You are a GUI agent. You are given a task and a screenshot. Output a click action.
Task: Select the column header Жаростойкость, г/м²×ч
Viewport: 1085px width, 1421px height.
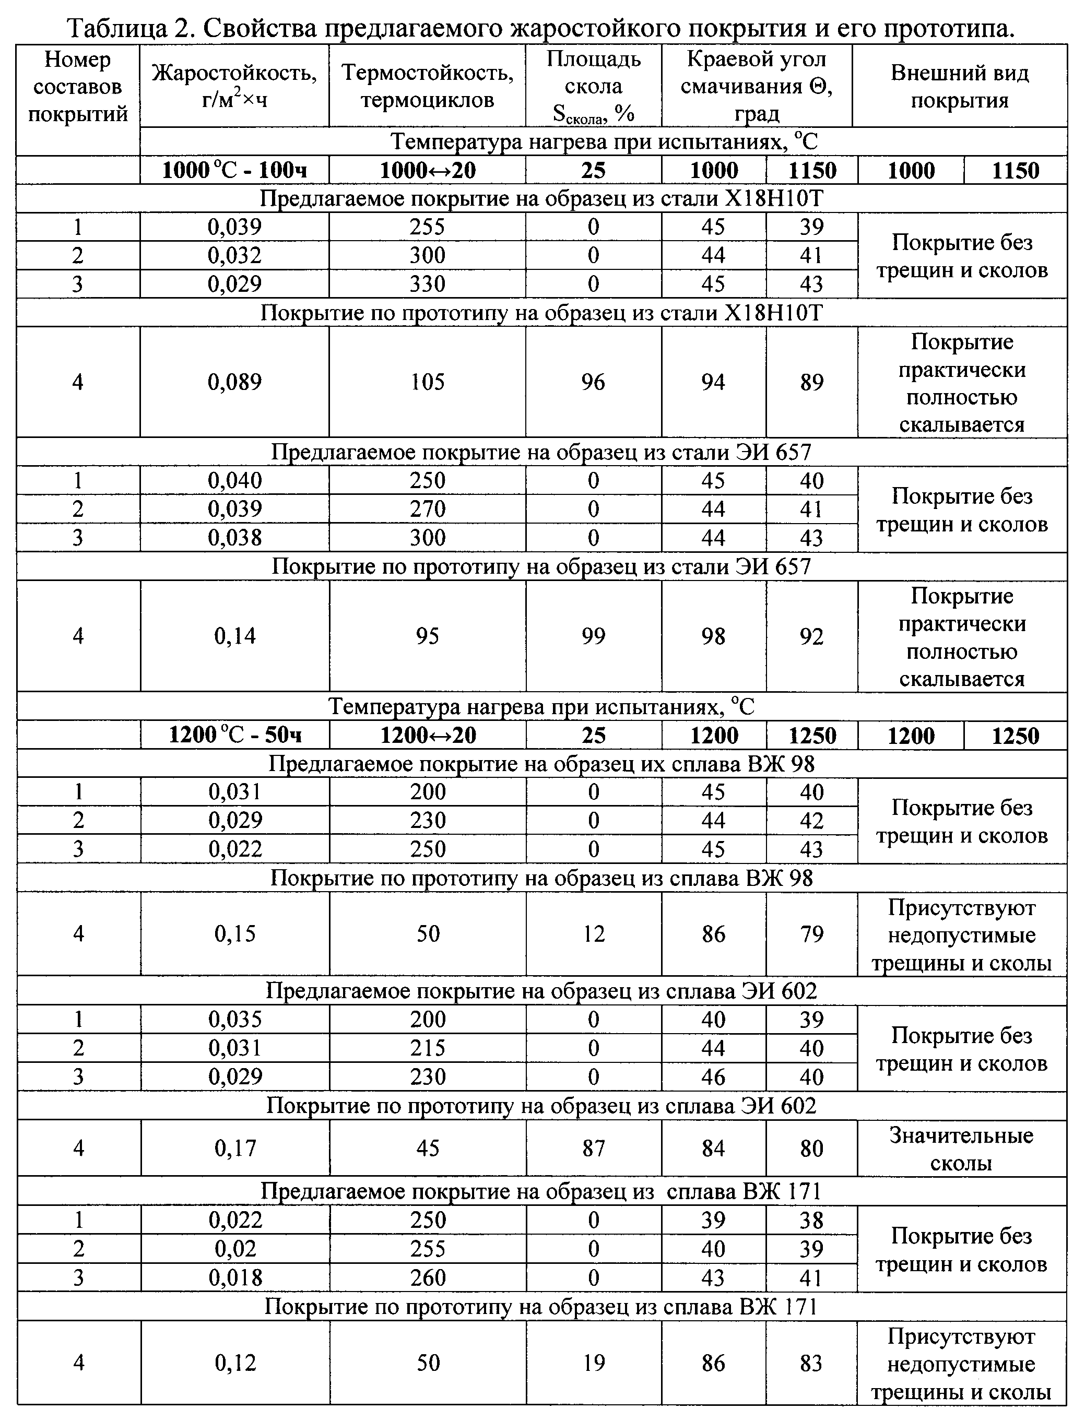tap(234, 85)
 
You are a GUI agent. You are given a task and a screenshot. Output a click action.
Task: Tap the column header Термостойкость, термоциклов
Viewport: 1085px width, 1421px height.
tap(428, 85)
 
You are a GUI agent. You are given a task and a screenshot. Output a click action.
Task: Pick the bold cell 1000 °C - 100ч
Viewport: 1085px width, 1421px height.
tap(234, 170)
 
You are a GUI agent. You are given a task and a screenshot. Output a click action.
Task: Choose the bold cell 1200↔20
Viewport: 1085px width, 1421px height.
tap(428, 736)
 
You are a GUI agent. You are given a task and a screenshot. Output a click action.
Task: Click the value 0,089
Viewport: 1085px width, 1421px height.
tap(234, 382)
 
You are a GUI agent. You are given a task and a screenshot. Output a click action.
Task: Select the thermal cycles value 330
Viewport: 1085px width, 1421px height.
tap(428, 284)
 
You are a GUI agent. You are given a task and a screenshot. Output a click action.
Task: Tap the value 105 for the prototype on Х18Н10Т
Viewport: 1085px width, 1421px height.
tap(428, 382)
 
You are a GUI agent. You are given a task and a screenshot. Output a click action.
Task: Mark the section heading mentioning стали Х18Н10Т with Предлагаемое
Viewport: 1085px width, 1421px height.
tap(541, 199)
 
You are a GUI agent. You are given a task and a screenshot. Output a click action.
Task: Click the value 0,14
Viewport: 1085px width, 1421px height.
tap(234, 636)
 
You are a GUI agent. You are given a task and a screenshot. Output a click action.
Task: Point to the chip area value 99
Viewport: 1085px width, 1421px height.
tap(594, 636)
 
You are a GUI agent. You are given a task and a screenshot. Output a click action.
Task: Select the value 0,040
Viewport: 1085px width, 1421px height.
tap(234, 481)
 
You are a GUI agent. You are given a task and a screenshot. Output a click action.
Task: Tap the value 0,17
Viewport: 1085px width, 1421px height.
tap(234, 1148)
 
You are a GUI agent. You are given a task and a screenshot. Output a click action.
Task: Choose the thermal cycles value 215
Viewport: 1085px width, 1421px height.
tap(428, 1048)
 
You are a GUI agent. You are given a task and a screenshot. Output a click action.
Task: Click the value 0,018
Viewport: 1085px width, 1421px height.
tap(234, 1277)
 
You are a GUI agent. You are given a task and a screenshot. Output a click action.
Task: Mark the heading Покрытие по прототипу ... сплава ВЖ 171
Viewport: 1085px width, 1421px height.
tap(541, 1307)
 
